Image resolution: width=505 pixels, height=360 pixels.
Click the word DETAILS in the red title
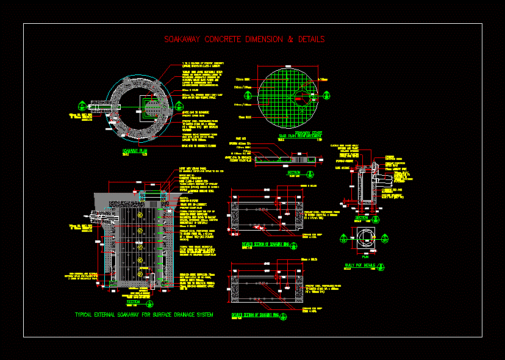pyautogui.click(x=311, y=40)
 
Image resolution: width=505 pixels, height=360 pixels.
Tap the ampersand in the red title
pyautogui.click(x=291, y=40)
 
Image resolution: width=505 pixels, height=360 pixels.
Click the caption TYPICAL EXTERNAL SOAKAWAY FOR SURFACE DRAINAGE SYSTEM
pyautogui.click(x=144, y=315)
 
